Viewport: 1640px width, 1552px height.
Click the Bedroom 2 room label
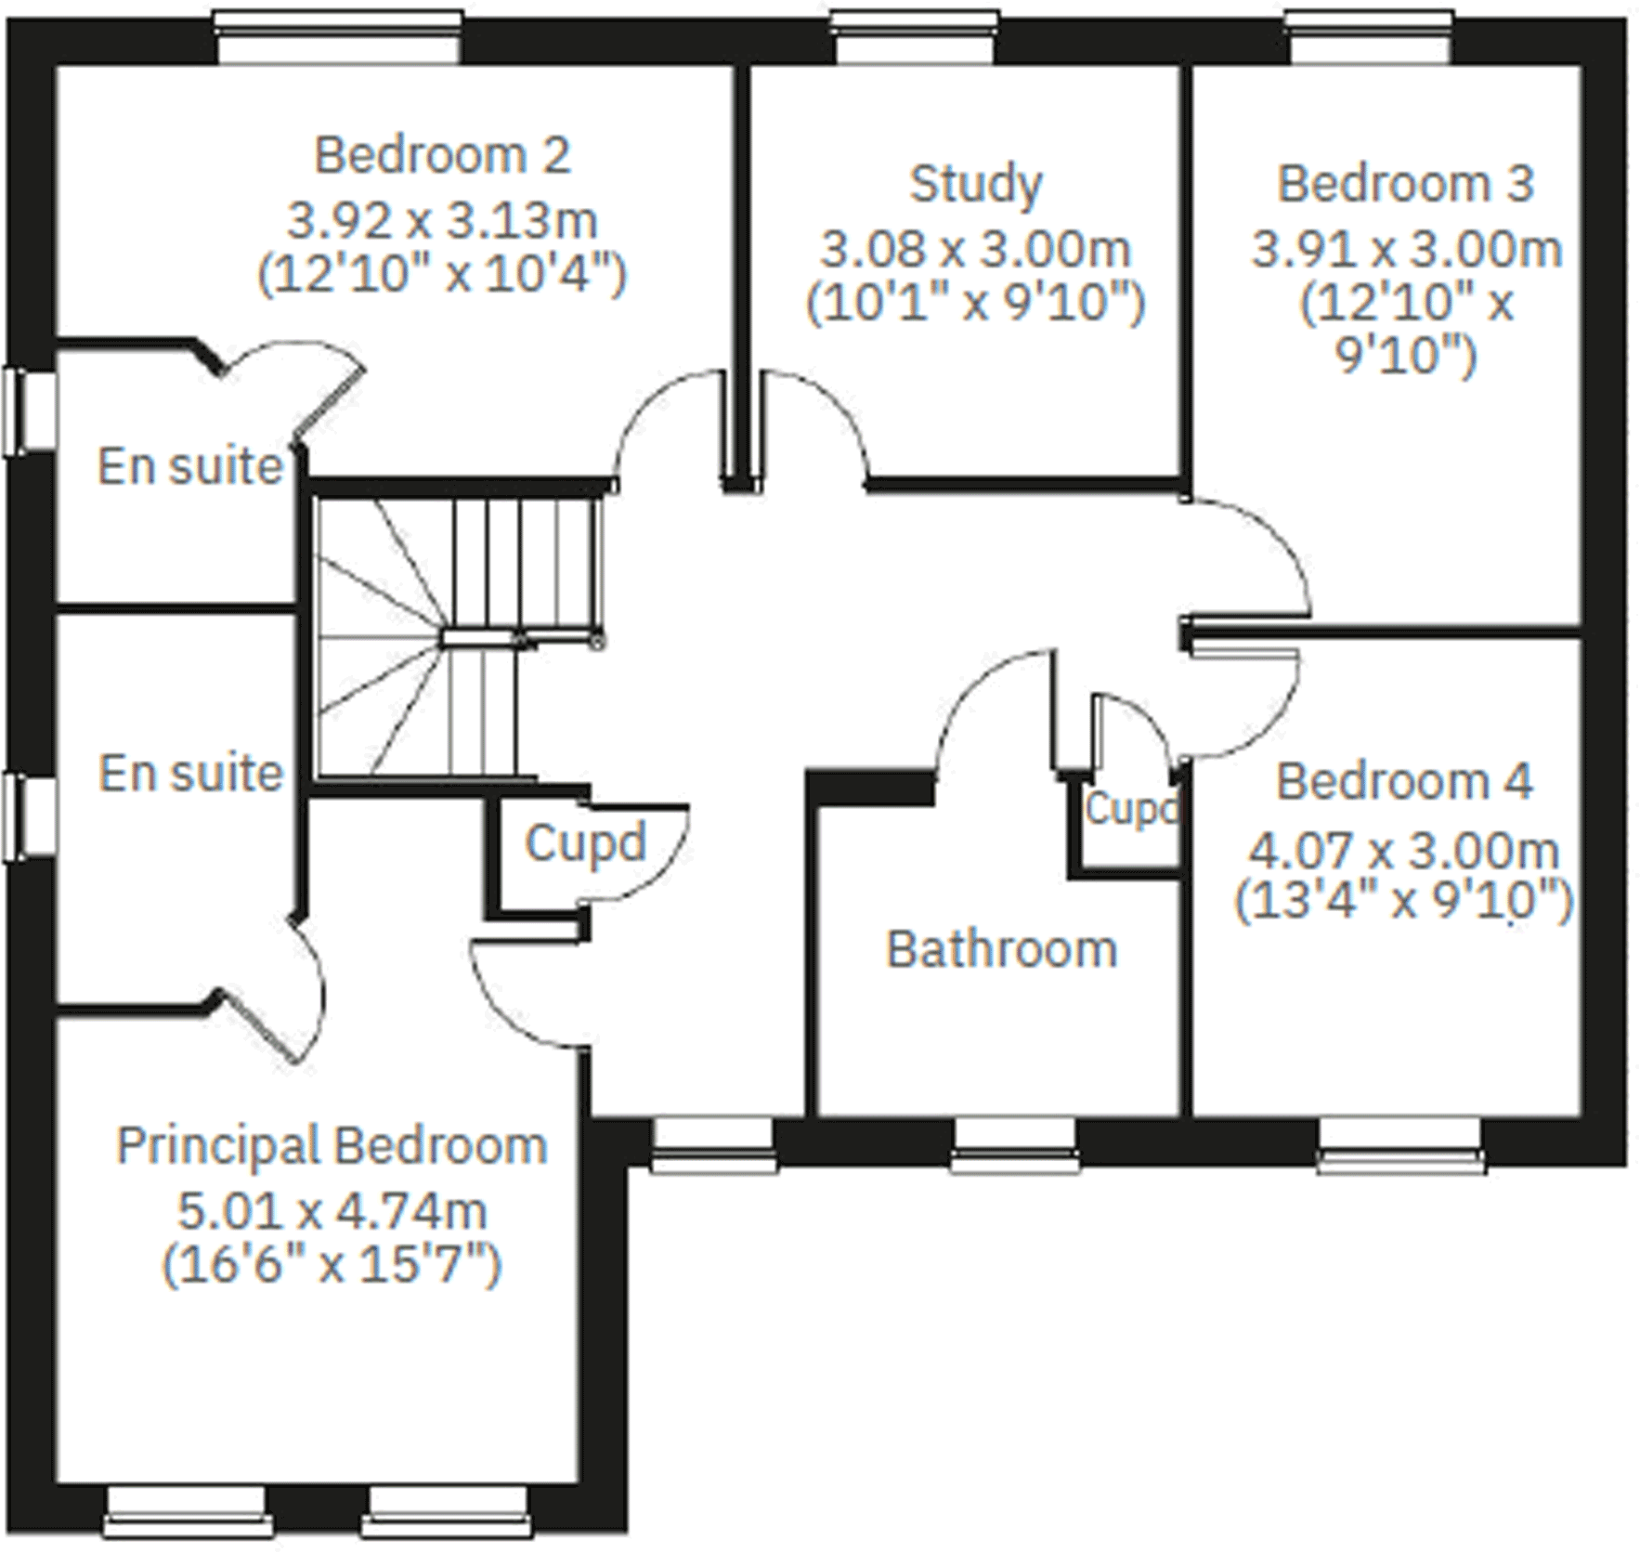[x=442, y=155]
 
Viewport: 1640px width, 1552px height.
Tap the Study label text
[x=975, y=184]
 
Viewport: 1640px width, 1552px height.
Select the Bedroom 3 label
[x=1405, y=184]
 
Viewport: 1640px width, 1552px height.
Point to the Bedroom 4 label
[x=1404, y=781]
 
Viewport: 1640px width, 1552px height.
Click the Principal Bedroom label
[x=332, y=1145]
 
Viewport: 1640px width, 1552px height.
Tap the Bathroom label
[x=1001, y=949]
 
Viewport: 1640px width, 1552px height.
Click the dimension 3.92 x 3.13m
[x=442, y=221]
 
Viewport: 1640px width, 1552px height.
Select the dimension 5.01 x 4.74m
[x=332, y=1211]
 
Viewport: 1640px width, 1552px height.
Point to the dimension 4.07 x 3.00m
[x=1404, y=850]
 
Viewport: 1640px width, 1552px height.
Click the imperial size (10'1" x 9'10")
[x=975, y=303]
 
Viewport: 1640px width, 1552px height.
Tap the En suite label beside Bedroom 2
[x=189, y=466]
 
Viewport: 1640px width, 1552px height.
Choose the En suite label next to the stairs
[x=190, y=773]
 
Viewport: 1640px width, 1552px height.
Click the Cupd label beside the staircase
[x=585, y=842]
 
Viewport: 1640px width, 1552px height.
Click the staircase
[x=455, y=636]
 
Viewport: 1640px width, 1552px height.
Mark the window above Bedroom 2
[x=337, y=37]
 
